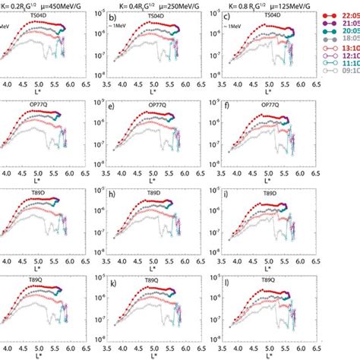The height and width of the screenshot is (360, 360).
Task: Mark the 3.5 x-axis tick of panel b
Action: (109, 87)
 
